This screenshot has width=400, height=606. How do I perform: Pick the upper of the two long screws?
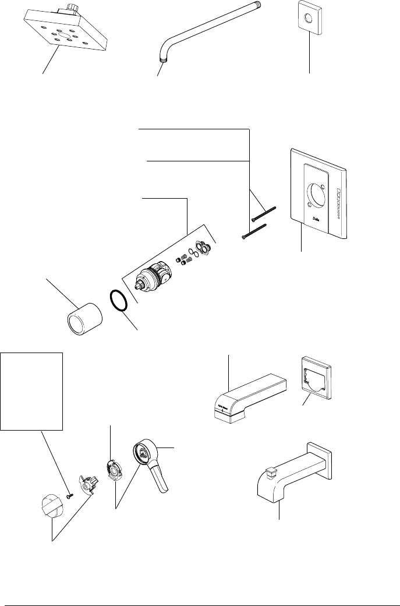(x=263, y=213)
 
